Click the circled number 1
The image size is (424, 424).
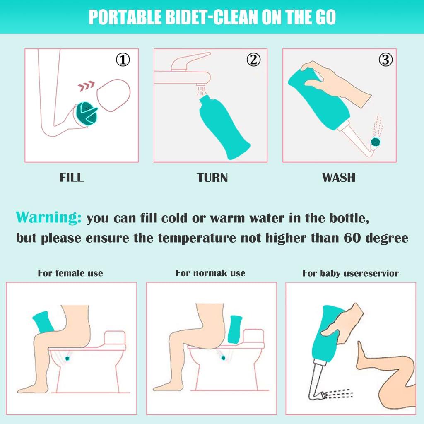122,60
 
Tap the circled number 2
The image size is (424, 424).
253,60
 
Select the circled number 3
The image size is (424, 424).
385,60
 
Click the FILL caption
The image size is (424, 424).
72,178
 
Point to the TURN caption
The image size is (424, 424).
212,178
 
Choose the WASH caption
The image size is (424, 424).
339,178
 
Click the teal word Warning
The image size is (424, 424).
48,217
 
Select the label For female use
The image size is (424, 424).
70,273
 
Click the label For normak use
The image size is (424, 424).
210,273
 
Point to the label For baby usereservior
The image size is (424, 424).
350,273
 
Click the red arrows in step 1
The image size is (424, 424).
86,87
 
